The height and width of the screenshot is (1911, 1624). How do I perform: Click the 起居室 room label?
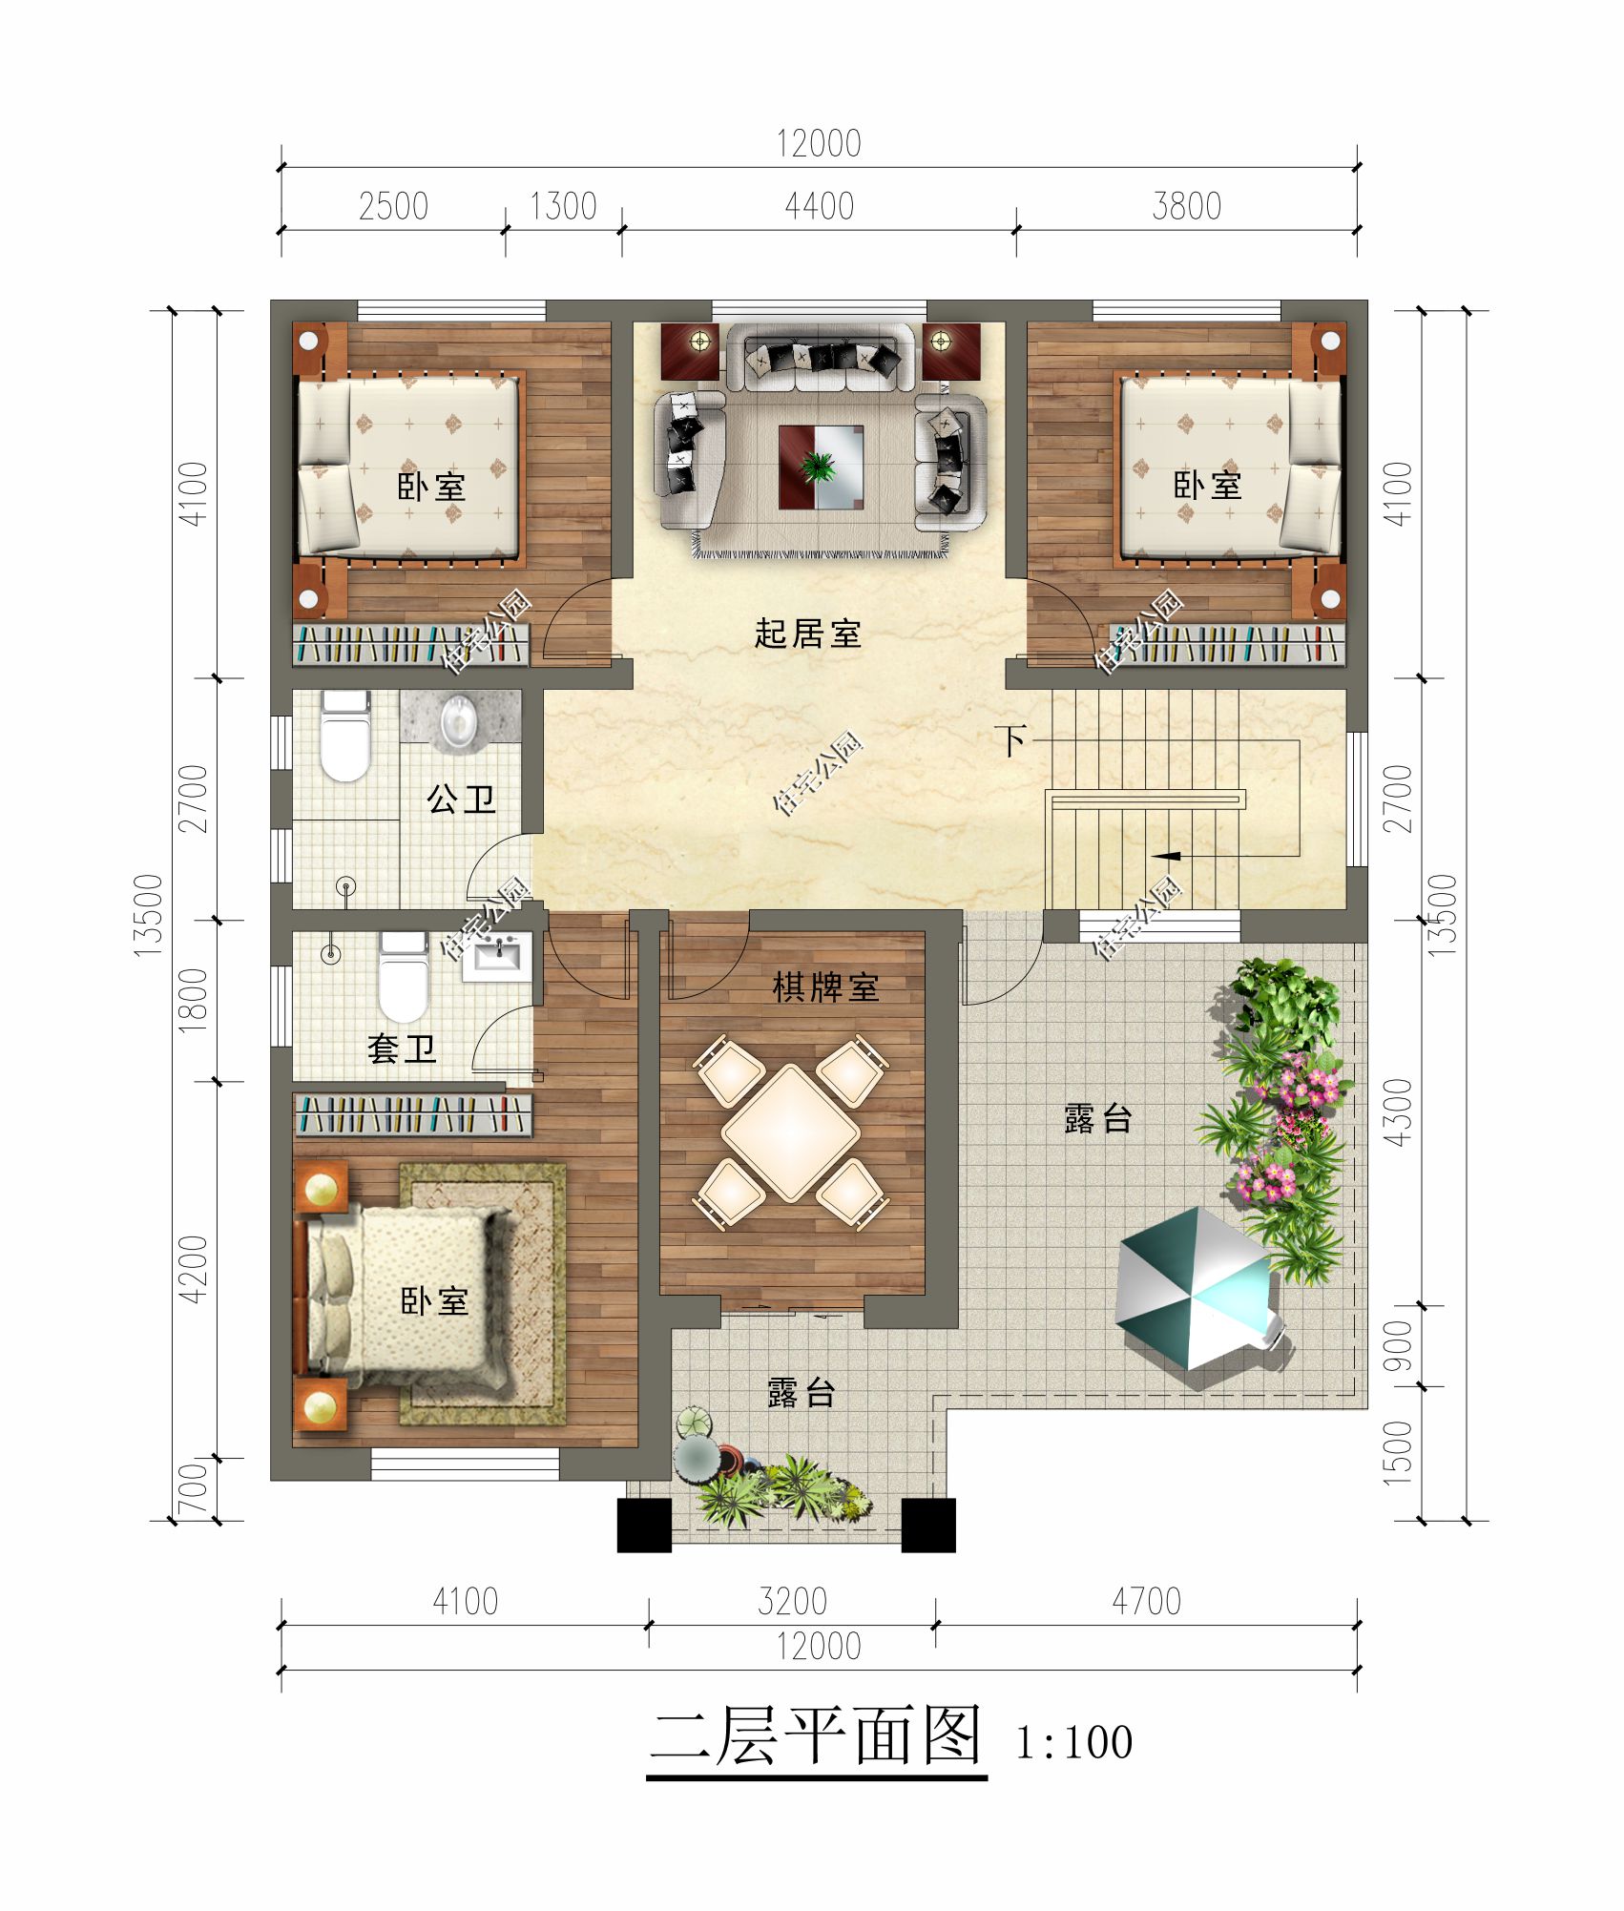(x=807, y=634)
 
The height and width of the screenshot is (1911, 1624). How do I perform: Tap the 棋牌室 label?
(x=825, y=987)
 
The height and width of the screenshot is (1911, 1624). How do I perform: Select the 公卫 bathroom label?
(x=461, y=799)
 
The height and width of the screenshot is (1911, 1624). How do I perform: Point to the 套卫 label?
(x=402, y=1049)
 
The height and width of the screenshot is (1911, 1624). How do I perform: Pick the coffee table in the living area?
(x=821, y=467)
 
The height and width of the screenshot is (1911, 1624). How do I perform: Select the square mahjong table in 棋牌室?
(x=791, y=1132)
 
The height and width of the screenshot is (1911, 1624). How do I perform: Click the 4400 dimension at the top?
(x=819, y=206)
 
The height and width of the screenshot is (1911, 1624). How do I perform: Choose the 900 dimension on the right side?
(x=1397, y=1345)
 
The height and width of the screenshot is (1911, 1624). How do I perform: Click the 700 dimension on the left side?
(x=193, y=1489)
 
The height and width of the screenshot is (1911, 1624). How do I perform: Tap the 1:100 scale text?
(x=1073, y=1743)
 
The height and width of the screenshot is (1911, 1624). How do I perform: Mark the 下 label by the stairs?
(x=1011, y=739)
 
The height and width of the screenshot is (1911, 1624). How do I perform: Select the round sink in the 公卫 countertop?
(x=459, y=720)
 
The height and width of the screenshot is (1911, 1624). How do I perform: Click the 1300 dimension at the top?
(x=563, y=206)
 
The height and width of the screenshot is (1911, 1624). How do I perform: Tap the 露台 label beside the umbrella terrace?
(x=1097, y=1118)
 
